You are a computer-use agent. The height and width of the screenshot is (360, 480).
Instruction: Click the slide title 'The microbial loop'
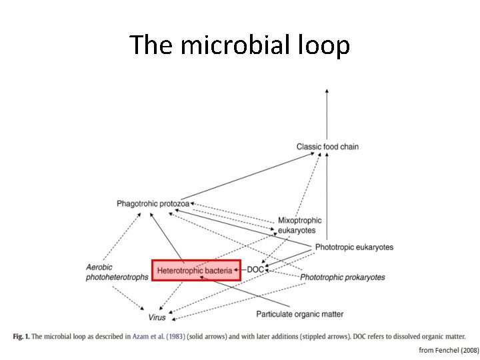tap(239, 45)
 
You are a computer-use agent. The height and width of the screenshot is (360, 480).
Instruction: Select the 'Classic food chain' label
tap(327, 147)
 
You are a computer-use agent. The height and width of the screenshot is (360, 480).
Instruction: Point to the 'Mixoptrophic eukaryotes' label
tap(299, 225)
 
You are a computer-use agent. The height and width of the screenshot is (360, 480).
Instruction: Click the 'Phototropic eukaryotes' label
tap(354, 247)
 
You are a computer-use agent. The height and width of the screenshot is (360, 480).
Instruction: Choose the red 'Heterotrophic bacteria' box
tap(195, 270)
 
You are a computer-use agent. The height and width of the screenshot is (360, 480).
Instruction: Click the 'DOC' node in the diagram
tap(255, 270)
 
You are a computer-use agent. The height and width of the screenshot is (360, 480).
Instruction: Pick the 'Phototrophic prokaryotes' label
tap(342, 277)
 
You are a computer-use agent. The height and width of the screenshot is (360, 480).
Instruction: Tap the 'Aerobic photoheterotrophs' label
tap(117, 273)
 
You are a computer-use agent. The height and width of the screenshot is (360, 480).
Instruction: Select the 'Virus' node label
tap(157, 317)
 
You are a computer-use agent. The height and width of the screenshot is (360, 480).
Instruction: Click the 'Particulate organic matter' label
tap(300, 314)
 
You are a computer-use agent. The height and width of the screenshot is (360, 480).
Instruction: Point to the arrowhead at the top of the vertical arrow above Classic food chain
tap(326, 91)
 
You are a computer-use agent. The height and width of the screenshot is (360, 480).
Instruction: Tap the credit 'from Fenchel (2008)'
tap(448, 350)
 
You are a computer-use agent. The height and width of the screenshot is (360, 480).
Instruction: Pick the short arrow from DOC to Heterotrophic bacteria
tap(240, 270)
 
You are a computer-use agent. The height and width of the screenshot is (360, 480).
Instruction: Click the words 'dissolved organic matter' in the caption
tap(425, 337)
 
